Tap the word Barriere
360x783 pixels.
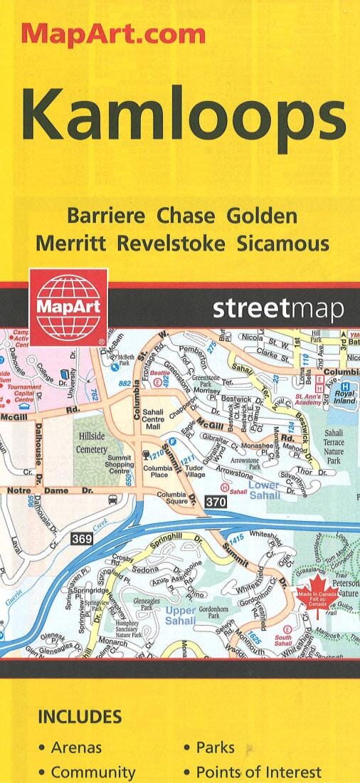coord(105,215)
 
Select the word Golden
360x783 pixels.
coord(262,215)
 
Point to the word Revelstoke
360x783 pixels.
coord(171,243)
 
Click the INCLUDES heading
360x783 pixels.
coord(79,716)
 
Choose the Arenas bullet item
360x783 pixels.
coord(75,747)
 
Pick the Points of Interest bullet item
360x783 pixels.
coord(258,772)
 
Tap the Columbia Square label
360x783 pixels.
coord(172,498)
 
